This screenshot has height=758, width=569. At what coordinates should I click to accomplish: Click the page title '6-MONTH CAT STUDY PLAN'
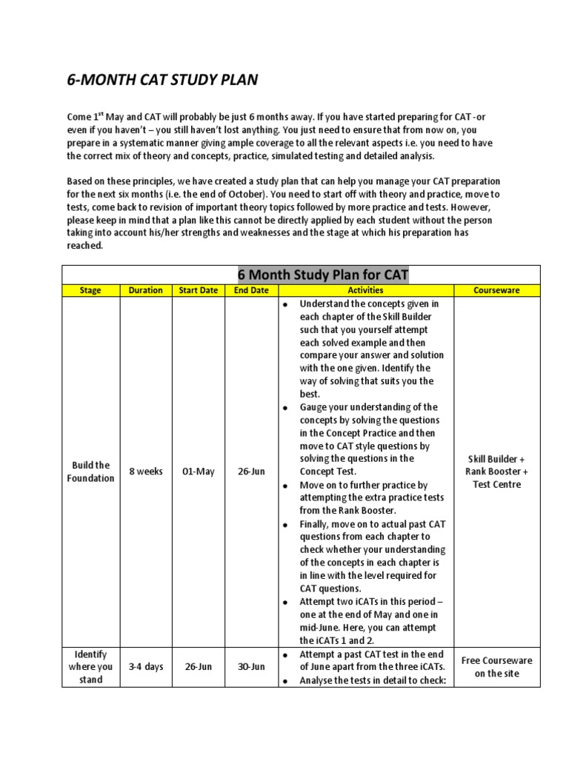point(162,80)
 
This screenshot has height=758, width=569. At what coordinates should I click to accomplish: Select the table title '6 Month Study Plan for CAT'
point(322,275)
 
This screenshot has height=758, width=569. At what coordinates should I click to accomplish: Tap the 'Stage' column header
point(90,290)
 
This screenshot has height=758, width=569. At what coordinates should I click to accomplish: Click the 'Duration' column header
point(145,290)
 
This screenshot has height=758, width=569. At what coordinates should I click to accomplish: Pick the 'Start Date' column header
point(199,290)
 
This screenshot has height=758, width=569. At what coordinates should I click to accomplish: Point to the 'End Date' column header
point(251,290)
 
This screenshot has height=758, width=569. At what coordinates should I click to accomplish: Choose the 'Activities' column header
point(365,290)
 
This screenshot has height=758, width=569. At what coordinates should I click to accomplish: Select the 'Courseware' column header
point(496,290)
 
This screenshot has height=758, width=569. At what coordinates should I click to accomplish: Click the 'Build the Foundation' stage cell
point(91,472)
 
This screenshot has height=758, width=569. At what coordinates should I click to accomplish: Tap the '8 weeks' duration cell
point(146,472)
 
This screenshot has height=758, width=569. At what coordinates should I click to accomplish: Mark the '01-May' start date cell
point(199,472)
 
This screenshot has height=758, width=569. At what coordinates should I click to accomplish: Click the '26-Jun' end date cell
point(252,472)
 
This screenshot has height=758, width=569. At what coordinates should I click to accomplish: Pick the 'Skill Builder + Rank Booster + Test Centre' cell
point(496,472)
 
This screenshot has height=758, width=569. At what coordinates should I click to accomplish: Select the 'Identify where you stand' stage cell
point(91,666)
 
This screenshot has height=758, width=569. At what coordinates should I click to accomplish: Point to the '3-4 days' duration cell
point(146,666)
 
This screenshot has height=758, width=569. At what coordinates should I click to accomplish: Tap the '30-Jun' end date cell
point(252,666)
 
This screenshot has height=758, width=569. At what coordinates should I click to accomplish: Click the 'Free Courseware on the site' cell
point(496,666)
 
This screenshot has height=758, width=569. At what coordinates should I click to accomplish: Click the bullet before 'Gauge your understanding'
point(284,408)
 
